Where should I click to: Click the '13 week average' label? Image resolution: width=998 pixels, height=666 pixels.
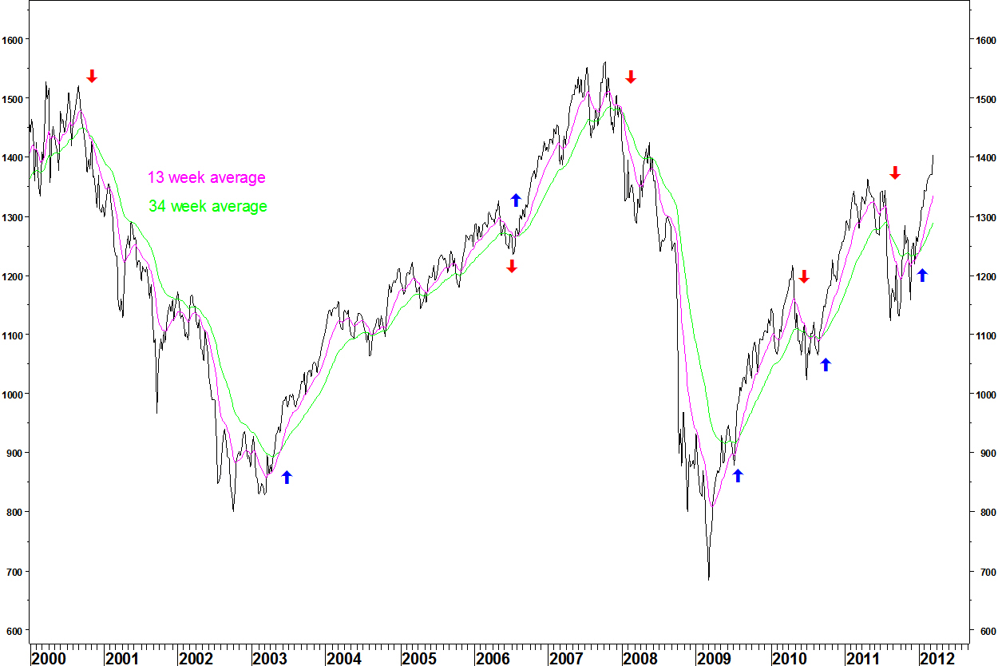(206, 178)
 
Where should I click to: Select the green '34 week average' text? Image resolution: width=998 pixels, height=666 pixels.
(208, 207)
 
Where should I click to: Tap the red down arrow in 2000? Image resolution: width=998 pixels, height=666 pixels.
(92, 76)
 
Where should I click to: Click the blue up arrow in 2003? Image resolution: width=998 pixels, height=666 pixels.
(287, 477)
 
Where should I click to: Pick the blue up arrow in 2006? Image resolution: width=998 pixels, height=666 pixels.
(516, 200)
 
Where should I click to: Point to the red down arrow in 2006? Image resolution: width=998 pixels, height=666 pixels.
(512, 266)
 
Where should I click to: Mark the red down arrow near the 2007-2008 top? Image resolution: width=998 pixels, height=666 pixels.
(631, 77)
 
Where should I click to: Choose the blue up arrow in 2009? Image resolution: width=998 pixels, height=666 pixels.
(738, 475)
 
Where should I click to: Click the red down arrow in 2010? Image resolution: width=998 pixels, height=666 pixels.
(804, 276)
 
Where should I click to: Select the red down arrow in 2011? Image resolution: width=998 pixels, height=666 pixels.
(895, 172)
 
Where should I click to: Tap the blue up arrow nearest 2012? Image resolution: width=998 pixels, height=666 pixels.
(922, 275)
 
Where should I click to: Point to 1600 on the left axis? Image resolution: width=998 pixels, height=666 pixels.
(15, 39)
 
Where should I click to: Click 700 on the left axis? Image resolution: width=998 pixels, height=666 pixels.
(15, 572)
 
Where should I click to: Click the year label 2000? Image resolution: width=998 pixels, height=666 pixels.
(48, 659)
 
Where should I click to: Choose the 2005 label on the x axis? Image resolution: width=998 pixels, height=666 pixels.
(419, 659)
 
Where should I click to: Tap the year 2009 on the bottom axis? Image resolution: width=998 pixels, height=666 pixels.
(715, 659)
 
